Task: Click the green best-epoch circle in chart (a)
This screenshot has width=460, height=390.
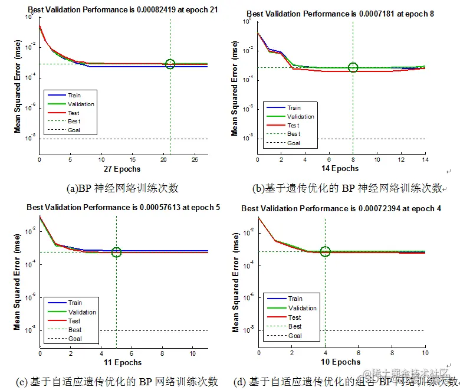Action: [x=170, y=64]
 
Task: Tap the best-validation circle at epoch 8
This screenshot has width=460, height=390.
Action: [x=353, y=67]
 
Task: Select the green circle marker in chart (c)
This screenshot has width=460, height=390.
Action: [x=116, y=253]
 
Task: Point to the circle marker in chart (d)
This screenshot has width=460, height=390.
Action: [x=325, y=252]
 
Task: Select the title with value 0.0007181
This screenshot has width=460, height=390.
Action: [x=340, y=14]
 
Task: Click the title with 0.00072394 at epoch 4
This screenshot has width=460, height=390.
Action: [x=341, y=208]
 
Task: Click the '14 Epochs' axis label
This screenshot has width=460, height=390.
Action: [x=340, y=169]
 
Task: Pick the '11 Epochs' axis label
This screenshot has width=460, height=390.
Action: [x=123, y=362]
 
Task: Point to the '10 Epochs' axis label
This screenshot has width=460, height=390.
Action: [x=341, y=362]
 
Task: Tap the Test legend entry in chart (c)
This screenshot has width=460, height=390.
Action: [x=74, y=321]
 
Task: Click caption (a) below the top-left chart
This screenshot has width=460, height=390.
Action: [x=123, y=189]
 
